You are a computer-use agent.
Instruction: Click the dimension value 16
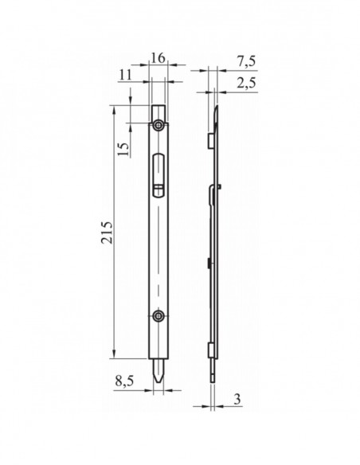point(158,58)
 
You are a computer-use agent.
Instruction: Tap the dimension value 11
point(125,75)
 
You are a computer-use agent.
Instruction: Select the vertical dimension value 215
point(107,232)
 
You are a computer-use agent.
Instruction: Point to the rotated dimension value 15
point(123,149)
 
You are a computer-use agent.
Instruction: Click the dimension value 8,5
point(124,381)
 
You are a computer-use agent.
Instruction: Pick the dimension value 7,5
point(246,61)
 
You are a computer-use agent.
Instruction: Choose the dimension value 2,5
point(246,84)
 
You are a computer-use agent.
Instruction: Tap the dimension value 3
point(237,399)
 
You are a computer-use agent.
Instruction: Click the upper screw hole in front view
point(158,125)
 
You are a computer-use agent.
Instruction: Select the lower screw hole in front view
point(158,316)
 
